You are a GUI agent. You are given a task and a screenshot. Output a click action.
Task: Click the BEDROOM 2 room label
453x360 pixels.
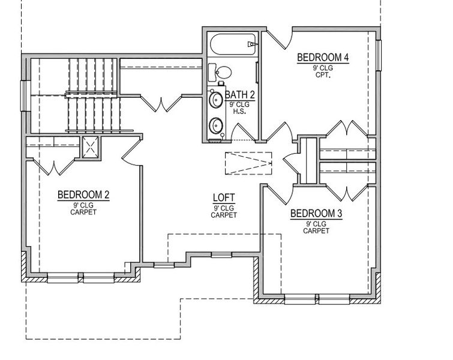tap(83, 195)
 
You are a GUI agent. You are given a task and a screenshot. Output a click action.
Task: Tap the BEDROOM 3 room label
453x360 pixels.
tap(311, 214)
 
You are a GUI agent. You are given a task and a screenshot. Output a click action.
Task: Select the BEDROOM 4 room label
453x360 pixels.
tap(323, 58)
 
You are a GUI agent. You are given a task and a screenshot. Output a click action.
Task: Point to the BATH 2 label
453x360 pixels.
tap(240, 95)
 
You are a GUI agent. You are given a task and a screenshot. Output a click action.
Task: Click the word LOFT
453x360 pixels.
tap(223, 198)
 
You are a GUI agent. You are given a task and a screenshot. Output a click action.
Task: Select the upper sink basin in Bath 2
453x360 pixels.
tap(215, 99)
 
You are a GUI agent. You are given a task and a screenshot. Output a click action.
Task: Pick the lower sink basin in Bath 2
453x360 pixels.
tap(215, 125)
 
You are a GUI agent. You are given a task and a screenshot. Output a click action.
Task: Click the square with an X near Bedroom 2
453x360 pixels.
tap(91, 146)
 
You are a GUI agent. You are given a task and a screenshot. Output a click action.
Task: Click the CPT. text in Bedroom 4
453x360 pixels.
tap(323, 76)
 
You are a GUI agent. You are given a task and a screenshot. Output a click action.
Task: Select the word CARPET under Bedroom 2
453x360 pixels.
tap(83, 212)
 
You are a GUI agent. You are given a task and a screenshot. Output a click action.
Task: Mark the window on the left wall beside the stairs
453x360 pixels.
tap(24, 96)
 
